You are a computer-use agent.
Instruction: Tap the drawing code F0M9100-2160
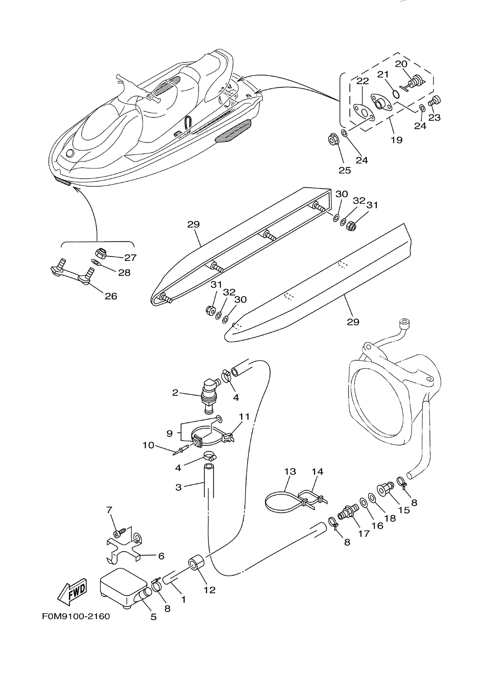(x=76, y=616)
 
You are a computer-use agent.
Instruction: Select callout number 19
(x=396, y=140)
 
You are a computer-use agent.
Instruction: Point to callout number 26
(x=111, y=296)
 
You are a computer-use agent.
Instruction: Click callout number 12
(x=210, y=590)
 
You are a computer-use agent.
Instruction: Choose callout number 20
(x=401, y=64)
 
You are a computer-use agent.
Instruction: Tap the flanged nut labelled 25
(x=333, y=139)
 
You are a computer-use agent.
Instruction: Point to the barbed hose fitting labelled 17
(x=348, y=512)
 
